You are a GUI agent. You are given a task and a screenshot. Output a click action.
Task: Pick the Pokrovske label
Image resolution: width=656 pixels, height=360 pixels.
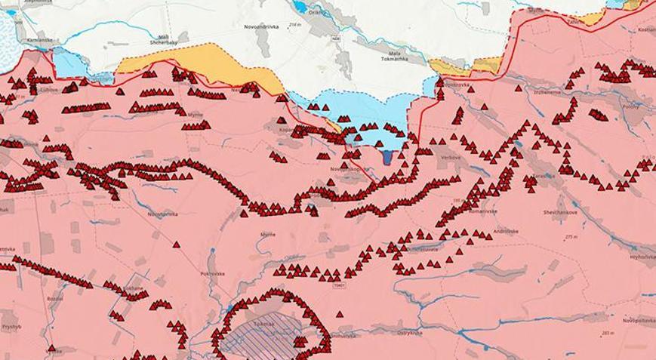tap(213, 273)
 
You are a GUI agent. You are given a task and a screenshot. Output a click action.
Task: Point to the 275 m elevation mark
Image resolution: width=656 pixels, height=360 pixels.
tap(571, 237)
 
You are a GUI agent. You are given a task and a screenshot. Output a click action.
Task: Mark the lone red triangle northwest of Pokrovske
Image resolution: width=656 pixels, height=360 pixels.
tap(175, 245)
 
